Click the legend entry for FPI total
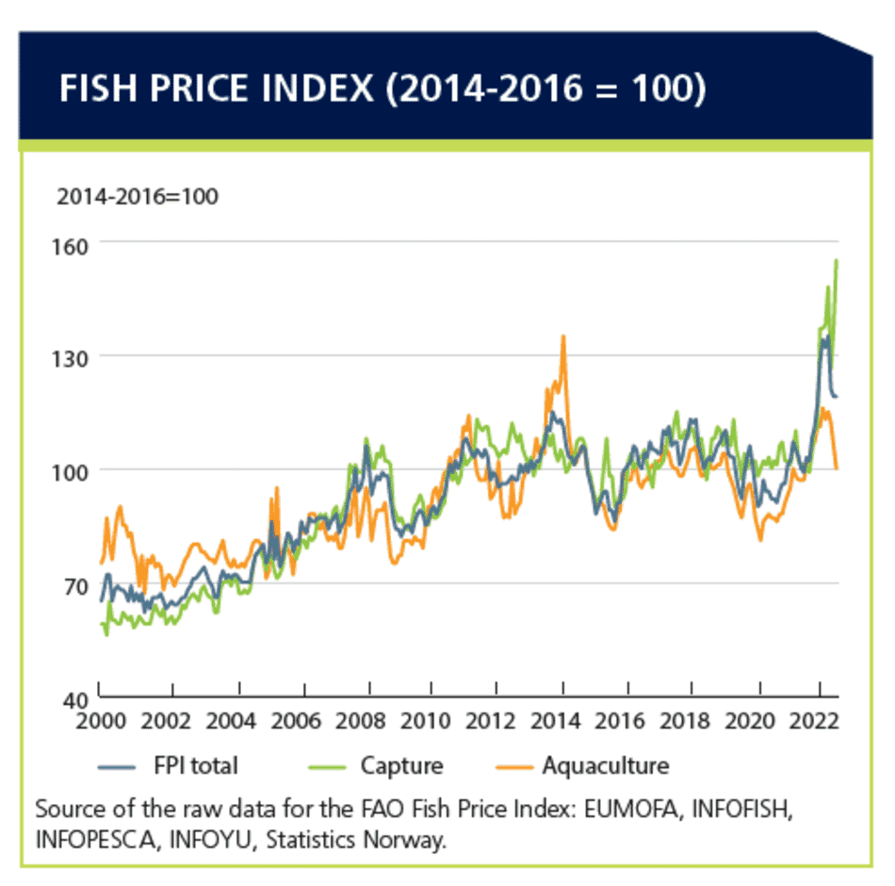[x=194, y=765]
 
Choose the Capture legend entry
[x=401, y=765]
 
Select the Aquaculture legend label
[x=605, y=765]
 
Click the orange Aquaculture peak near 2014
[x=563, y=336]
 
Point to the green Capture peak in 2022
[x=837, y=261]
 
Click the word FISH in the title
[x=97, y=90]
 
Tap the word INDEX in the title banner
[x=334, y=90]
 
